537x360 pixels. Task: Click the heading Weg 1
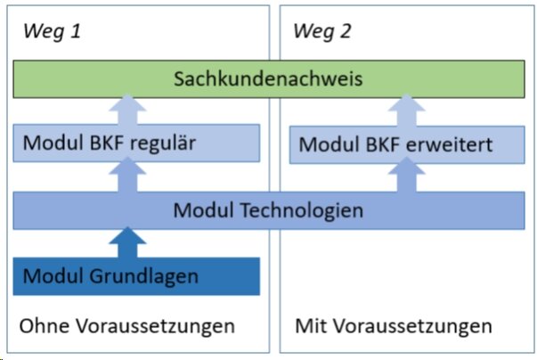point(52,32)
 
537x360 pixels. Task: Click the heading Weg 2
point(322,32)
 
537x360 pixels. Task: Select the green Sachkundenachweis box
point(269,79)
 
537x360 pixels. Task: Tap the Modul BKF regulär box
point(136,143)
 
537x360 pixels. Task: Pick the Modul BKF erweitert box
point(407,144)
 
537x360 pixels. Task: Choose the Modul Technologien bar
point(269,210)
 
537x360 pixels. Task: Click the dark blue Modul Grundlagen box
point(136,276)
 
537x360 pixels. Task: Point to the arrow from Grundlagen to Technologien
point(127,242)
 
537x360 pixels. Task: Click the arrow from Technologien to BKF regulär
point(127,175)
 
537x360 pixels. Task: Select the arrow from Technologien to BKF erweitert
point(406,175)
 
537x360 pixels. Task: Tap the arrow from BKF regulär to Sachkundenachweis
point(127,110)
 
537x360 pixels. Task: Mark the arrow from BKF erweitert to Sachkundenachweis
point(406,110)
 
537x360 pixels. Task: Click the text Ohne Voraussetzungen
point(127,326)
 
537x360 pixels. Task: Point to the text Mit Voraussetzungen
point(394,326)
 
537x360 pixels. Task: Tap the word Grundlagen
point(144,277)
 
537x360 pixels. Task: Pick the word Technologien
point(302,210)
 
